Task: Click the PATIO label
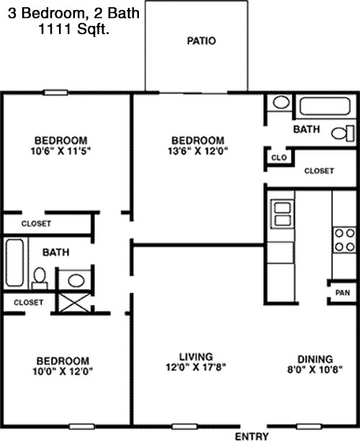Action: (x=202, y=41)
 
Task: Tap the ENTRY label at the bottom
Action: (x=251, y=436)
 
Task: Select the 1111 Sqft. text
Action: (x=73, y=29)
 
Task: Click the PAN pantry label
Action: (x=343, y=293)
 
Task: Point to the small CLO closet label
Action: (x=279, y=158)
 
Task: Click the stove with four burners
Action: (x=345, y=240)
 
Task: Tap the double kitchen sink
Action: (x=282, y=214)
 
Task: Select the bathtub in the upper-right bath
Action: (x=325, y=106)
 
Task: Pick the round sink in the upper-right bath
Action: (x=282, y=102)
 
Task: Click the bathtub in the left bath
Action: (x=14, y=262)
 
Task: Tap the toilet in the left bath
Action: (x=40, y=278)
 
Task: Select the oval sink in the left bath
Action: (x=76, y=281)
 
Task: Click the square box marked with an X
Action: (x=76, y=303)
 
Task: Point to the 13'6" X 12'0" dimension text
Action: (x=198, y=151)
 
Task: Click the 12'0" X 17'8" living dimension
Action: (x=196, y=367)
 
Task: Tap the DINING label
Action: (x=315, y=359)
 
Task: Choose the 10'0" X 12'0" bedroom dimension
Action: (x=63, y=372)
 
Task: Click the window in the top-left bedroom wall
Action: (x=56, y=92)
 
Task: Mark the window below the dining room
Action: (x=309, y=427)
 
